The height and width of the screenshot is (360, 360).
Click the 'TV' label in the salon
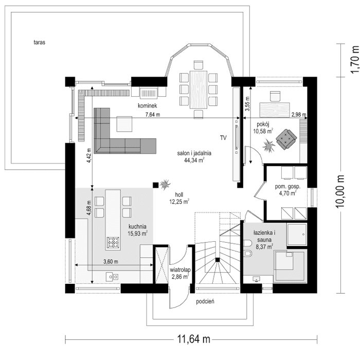[x=223, y=138]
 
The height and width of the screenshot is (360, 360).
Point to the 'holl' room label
[x=179, y=194]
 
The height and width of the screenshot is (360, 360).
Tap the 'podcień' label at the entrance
[x=205, y=302]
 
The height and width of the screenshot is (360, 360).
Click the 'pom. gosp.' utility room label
[x=289, y=187]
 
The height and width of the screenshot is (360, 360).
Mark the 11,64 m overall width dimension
[x=193, y=339]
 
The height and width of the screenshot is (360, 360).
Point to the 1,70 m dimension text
[x=354, y=56]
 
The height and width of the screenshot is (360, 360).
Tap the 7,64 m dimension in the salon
[x=152, y=114]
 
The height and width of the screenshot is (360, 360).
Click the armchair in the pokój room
[x=285, y=139]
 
